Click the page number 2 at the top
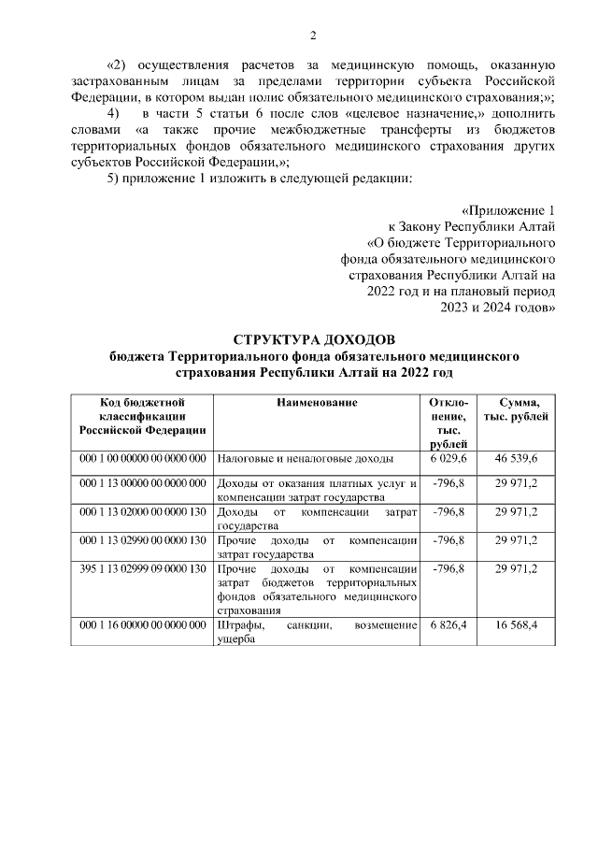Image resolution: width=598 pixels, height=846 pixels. [x=314, y=36]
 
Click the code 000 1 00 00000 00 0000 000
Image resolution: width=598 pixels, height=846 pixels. [x=144, y=459]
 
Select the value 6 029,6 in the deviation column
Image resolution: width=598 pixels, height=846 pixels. [x=448, y=459]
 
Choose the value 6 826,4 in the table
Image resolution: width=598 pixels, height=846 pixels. [x=448, y=624]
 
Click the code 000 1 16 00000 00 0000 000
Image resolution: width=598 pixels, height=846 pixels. [x=144, y=624]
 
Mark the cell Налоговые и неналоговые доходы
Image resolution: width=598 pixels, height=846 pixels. [x=306, y=459]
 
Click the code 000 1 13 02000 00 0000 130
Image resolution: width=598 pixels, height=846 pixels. [x=144, y=512]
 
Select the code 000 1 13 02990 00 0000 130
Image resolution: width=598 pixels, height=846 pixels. [x=144, y=539]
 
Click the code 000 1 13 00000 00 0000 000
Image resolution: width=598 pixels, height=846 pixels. [x=144, y=483]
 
